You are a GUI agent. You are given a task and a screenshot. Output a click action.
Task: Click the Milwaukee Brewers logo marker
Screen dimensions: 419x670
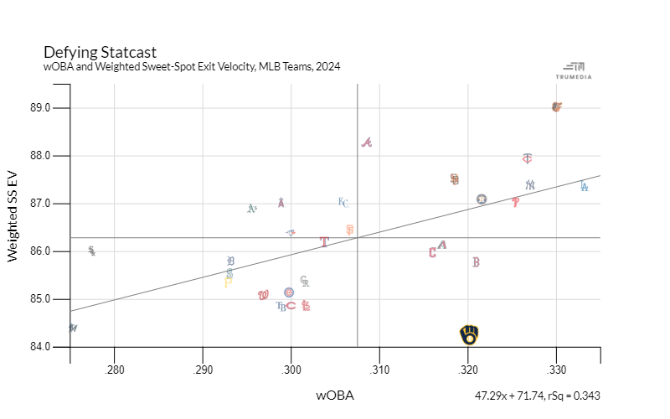click(470, 335)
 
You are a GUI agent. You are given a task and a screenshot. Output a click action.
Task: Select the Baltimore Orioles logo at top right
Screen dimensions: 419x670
click(557, 107)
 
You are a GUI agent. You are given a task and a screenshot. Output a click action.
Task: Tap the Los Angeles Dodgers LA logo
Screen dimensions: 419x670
click(584, 186)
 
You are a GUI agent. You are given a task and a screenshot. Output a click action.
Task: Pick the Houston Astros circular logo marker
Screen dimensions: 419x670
click(482, 199)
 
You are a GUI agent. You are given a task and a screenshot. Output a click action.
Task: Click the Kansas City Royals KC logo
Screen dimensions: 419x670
click(343, 202)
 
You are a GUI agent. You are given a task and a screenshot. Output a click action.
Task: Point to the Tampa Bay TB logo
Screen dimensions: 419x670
click(281, 306)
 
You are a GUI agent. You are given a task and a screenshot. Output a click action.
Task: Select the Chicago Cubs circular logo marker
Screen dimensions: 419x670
click(289, 292)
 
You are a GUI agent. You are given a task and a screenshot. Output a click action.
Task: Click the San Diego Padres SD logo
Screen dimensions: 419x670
click(454, 179)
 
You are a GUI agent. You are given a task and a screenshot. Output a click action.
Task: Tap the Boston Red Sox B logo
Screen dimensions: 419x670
click(476, 262)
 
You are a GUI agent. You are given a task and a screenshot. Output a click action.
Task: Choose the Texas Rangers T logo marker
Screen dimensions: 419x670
click(324, 241)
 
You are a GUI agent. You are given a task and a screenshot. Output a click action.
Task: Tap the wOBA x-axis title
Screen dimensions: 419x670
click(335, 395)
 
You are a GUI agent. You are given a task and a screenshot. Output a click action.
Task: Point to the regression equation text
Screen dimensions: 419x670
click(537, 396)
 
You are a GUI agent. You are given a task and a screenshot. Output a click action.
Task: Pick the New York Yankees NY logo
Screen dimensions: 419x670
click(530, 185)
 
